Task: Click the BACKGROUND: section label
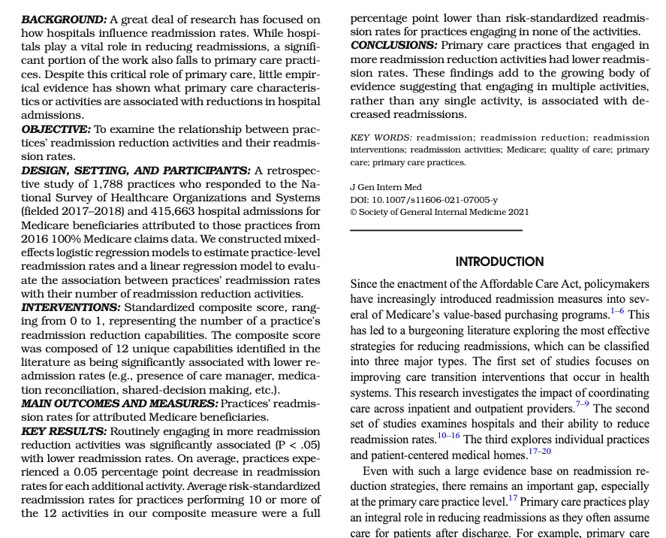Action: [x=64, y=20]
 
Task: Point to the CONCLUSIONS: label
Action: [x=394, y=45]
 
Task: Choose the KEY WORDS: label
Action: [x=381, y=138]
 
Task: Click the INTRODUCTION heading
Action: [x=499, y=261]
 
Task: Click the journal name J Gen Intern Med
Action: [x=386, y=187]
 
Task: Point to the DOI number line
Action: [x=423, y=199]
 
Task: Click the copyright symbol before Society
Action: [x=354, y=212]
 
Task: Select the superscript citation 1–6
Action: [x=617, y=311]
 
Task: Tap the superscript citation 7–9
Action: [x=583, y=404]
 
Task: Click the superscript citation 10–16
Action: [x=449, y=436]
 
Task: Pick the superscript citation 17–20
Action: [x=539, y=451]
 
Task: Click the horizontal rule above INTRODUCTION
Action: [x=436, y=230]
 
